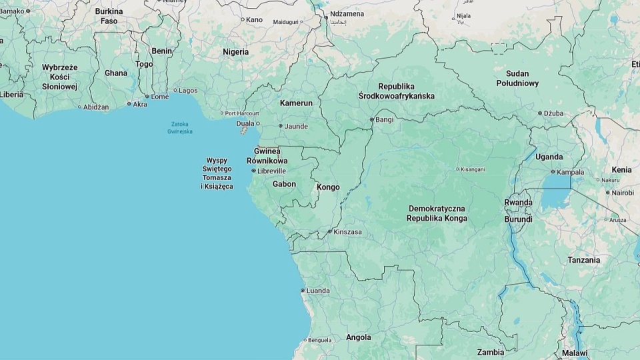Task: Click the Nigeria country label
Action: [235, 52]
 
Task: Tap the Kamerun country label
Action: [296, 103]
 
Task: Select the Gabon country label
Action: [284, 184]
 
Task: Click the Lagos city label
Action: [188, 90]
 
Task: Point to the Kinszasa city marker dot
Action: [329, 232]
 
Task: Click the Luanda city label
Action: [317, 291]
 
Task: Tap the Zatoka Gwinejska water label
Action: [180, 127]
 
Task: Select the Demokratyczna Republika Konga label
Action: [437, 213]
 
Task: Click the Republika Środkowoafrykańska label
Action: [405, 91]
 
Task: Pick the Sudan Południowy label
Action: [517, 78]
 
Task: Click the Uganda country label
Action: [549, 157]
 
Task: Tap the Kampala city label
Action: [570, 172]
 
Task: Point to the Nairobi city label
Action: [623, 193]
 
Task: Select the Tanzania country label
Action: [583, 260]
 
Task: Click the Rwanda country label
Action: [518, 202]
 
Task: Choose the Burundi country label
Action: [518, 219]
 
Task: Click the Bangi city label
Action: [384, 120]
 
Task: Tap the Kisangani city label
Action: [471, 169]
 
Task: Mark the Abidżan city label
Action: [96, 107]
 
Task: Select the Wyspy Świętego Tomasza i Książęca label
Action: [217, 173]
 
